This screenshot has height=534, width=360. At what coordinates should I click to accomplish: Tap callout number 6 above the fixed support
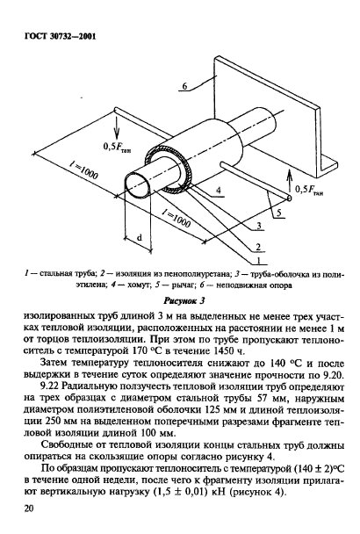point(185,86)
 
